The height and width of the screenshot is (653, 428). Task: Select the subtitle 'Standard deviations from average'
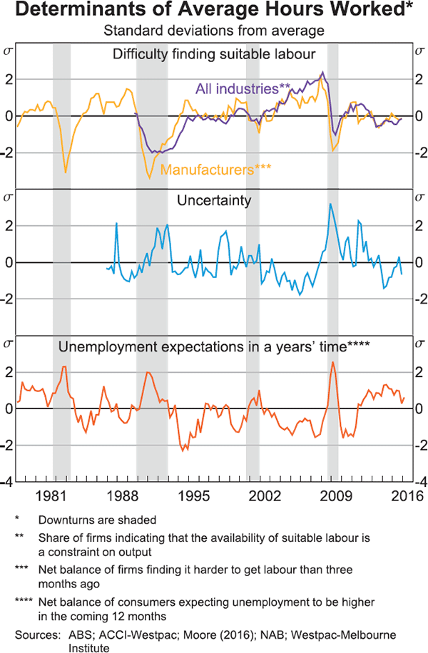click(214, 31)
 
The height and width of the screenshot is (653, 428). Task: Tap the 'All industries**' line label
click(243, 89)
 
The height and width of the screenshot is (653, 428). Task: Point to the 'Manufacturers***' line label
click(217, 170)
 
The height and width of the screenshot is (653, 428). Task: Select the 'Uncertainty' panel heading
click(214, 200)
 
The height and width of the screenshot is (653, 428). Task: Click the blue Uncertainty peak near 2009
click(330, 205)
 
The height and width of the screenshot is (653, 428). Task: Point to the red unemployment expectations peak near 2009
click(332, 362)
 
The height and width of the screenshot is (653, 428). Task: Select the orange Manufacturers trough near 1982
click(66, 172)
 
